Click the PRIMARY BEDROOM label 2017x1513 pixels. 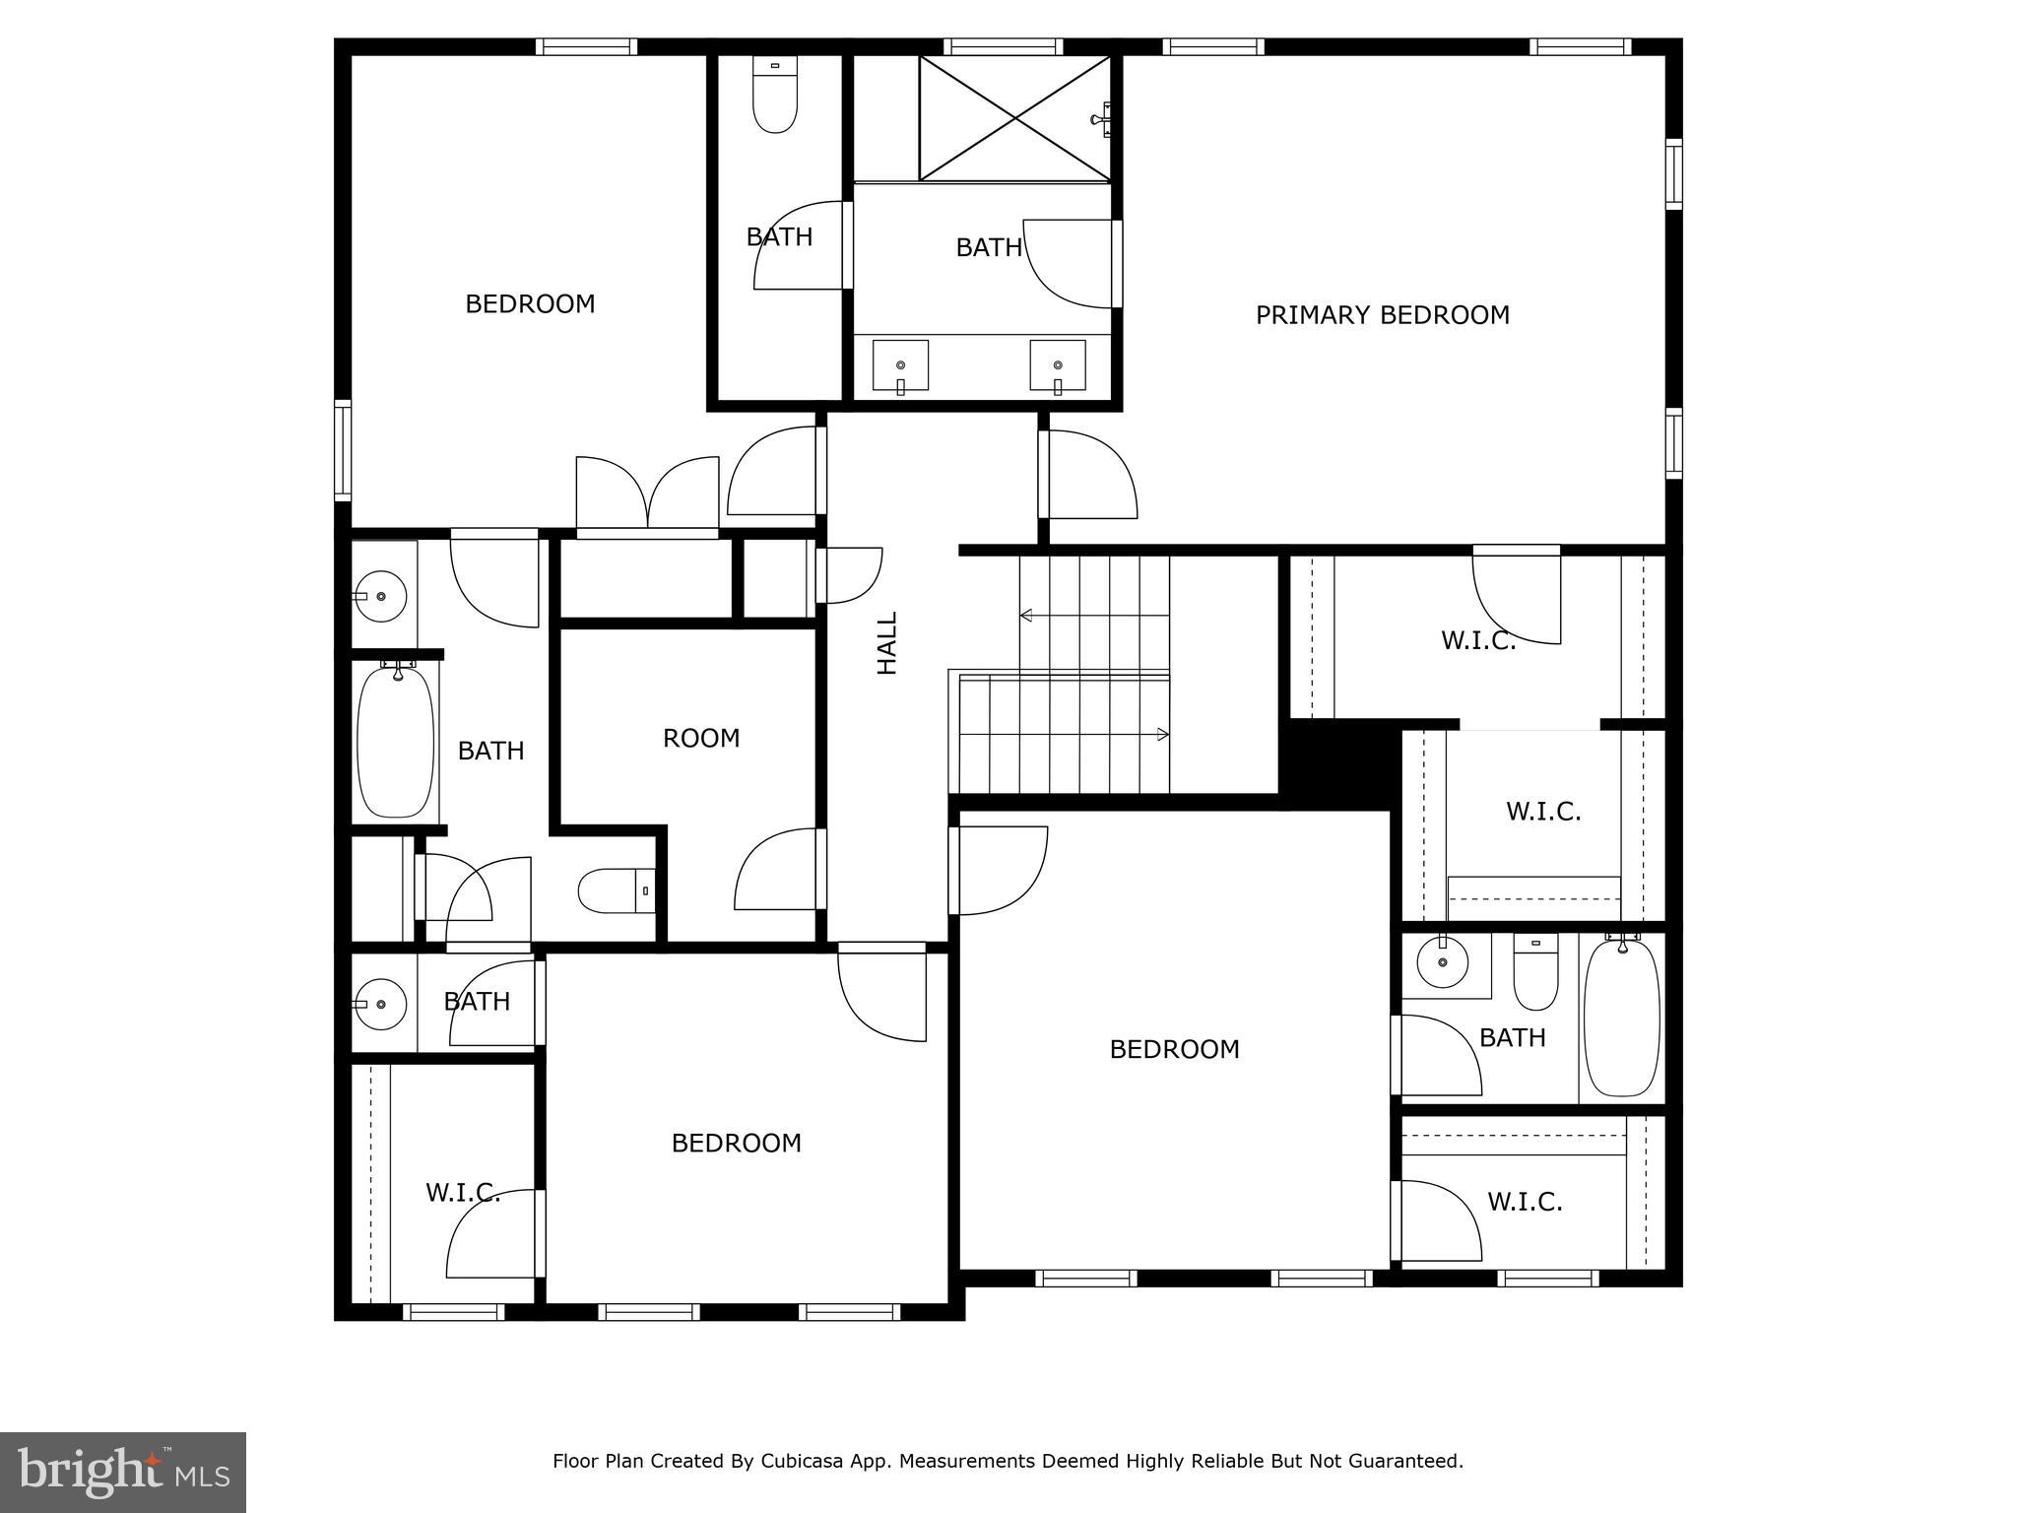1382,315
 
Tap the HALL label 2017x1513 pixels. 887,643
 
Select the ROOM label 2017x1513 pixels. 700,738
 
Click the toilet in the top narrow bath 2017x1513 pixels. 775,96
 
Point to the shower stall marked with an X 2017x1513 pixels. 1014,118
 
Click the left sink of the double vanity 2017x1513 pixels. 900,366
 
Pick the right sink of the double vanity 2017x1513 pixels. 1058,366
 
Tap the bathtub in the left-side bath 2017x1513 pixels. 395,741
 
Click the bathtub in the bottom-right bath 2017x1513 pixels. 1621,1017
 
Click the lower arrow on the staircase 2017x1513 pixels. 1162,735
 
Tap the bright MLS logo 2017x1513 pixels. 123,1472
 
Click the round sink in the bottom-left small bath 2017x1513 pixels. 380,1004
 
